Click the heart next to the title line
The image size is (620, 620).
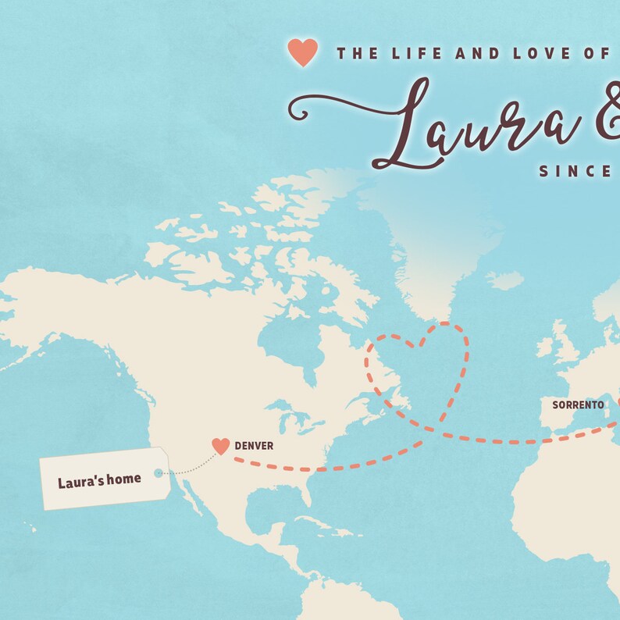tap(302, 52)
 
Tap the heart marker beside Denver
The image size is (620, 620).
tap(221, 446)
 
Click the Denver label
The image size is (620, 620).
tap(255, 446)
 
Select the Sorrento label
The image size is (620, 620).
tap(578, 405)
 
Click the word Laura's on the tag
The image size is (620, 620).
tap(82, 482)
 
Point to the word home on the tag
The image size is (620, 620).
tap(125, 478)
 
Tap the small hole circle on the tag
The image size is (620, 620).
tap(159, 472)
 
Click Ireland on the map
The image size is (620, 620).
tap(544, 348)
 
